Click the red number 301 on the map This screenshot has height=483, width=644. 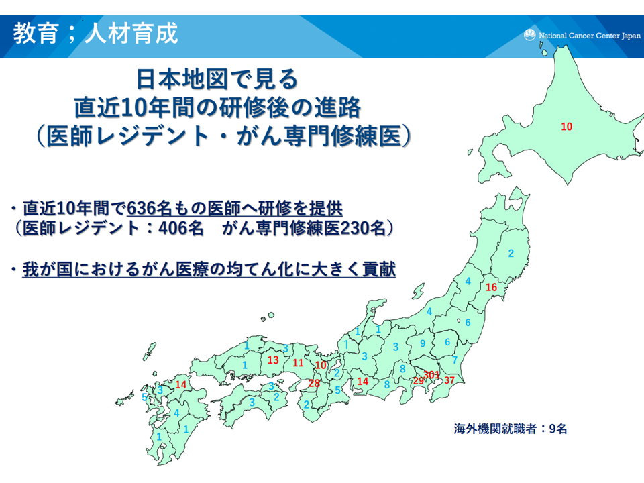click(x=431, y=374)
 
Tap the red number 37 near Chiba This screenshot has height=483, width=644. click(x=449, y=380)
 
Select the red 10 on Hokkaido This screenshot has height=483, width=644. click(x=566, y=127)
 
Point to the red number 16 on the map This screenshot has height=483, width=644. click(x=491, y=287)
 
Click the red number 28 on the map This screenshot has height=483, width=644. click(x=314, y=383)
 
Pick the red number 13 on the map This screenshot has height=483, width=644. click(x=273, y=360)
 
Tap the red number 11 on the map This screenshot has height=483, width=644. click(x=298, y=363)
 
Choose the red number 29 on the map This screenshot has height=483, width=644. click(x=419, y=381)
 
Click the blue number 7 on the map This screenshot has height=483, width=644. click(x=455, y=360)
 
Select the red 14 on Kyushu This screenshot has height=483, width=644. click(x=181, y=384)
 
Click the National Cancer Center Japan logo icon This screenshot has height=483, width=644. click(x=529, y=35)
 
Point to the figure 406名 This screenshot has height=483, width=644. click(x=181, y=228)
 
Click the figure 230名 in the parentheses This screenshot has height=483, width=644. click(x=363, y=228)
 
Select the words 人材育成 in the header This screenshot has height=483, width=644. click(x=131, y=34)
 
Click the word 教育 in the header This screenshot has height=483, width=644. click(x=36, y=34)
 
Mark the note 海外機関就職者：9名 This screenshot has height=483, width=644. click(x=511, y=429)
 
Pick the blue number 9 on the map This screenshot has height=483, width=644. click(x=423, y=343)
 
